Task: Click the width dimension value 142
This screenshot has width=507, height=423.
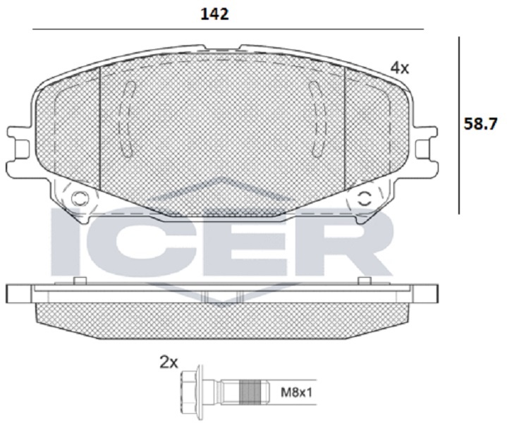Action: (214, 14)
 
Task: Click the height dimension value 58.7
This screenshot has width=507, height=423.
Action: (480, 123)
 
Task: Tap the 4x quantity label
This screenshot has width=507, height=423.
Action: (400, 68)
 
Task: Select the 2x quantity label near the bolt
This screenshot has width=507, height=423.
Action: (169, 363)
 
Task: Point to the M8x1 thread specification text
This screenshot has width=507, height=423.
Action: (296, 393)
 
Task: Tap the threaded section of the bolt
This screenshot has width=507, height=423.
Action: (250, 393)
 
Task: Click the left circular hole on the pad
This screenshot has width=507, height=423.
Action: (79, 198)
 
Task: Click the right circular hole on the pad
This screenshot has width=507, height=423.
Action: (365, 199)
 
